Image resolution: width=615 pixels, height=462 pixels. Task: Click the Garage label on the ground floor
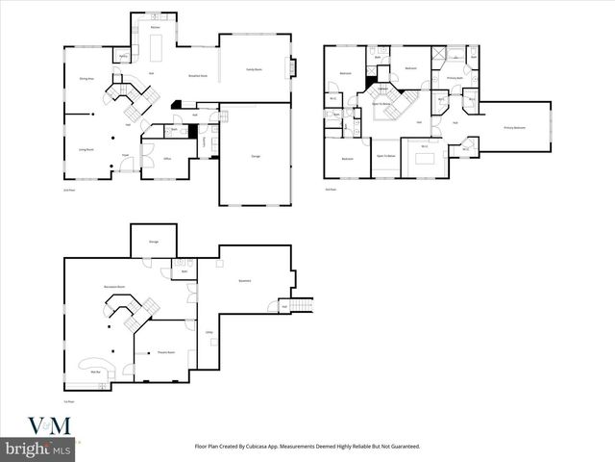pos(256,155)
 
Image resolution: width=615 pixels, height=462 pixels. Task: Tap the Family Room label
pos(255,69)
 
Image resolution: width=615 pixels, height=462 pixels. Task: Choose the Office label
pos(167,159)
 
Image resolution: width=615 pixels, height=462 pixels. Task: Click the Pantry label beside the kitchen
pos(124,57)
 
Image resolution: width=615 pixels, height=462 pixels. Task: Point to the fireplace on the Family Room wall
pos(292,68)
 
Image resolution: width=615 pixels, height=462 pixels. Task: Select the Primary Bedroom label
pos(515,127)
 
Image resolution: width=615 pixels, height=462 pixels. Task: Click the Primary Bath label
pos(455,77)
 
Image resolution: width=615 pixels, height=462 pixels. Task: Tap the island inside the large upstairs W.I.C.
pos(425,159)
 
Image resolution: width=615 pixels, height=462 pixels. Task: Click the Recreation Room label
pos(115,287)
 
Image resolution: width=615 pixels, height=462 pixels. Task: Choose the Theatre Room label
pos(165,352)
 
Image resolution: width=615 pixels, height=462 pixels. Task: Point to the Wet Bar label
pos(96,372)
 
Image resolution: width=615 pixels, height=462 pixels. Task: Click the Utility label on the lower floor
pos(209,332)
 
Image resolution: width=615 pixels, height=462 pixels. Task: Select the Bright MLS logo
pos(38,449)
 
